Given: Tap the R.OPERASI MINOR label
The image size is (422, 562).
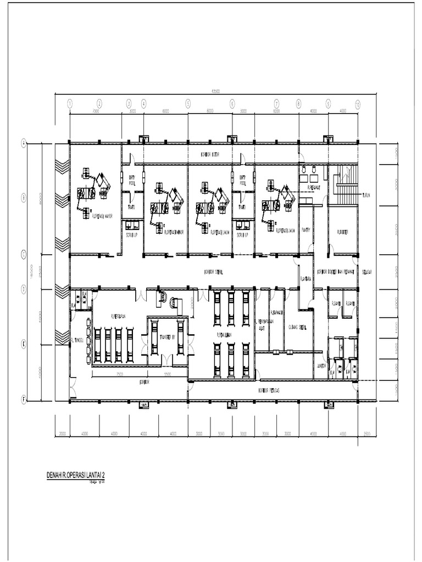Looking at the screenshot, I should (x=175, y=232).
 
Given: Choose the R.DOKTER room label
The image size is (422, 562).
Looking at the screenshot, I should (x=343, y=231).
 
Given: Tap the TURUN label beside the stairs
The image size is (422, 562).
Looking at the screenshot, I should (x=367, y=195).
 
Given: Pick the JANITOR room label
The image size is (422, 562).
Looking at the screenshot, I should (x=321, y=366).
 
